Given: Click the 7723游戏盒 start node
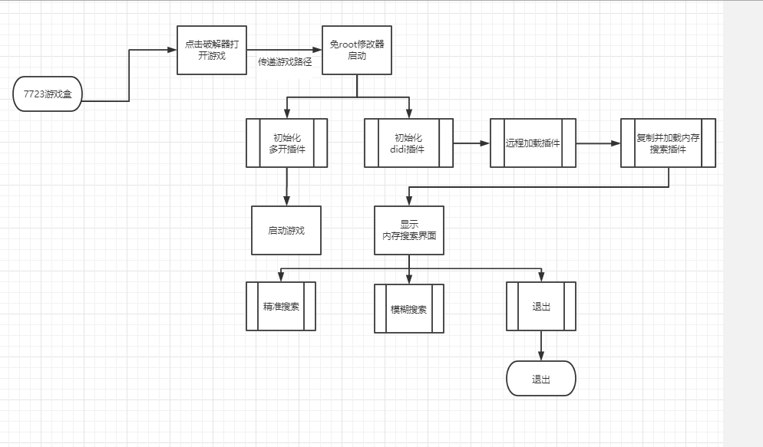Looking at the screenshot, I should (x=47, y=94).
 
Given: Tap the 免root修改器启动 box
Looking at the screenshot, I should (x=357, y=50).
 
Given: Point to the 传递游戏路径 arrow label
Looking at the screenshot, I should (x=285, y=61).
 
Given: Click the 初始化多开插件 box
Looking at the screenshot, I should (x=287, y=143).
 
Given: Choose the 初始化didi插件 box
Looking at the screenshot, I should (x=408, y=143).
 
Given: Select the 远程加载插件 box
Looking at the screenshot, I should (x=533, y=143).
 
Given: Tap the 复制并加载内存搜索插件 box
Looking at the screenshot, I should (x=668, y=143).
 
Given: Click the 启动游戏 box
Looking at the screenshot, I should (x=286, y=230).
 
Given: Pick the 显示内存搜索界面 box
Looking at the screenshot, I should (x=409, y=230).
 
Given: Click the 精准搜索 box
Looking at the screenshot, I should (x=281, y=307).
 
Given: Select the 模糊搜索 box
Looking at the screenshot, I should (x=409, y=309).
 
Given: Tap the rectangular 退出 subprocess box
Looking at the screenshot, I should (x=541, y=306).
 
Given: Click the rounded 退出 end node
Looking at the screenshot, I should (x=541, y=379).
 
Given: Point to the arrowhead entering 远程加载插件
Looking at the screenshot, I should (x=485, y=143).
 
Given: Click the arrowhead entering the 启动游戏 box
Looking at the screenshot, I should (x=286, y=202).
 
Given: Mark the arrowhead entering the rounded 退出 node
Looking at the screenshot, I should (x=541, y=357).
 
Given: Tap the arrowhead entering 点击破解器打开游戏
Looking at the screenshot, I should (x=172, y=51).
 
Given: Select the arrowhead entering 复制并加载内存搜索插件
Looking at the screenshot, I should (x=616, y=143).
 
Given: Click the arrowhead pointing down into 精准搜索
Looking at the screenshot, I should (x=281, y=278).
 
